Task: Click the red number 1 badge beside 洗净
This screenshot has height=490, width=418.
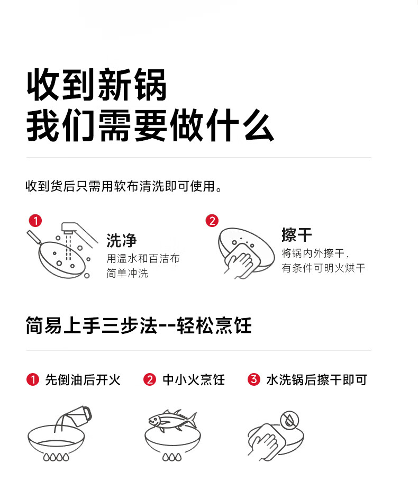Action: (35, 221)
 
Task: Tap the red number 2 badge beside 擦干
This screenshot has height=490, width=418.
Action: (212, 221)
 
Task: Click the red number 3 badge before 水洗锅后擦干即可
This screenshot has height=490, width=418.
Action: (253, 379)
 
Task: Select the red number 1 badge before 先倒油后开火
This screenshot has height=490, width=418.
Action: (33, 380)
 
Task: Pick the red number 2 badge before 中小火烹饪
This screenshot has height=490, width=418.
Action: (150, 380)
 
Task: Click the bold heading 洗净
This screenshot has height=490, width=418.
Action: (122, 240)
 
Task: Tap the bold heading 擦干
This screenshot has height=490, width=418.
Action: (297, 235)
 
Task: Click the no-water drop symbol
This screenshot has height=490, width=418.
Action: (289, 420)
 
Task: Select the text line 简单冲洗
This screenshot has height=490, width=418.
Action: (127, 274)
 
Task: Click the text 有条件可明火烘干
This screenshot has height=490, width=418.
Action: (323, 268)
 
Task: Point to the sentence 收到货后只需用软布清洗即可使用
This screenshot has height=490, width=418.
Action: (124, 186)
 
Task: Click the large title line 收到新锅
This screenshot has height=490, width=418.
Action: (96, 85)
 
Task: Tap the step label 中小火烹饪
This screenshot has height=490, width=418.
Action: (194, 380)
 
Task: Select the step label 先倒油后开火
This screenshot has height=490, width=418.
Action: (83, 380)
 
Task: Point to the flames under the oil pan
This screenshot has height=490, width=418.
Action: (56, 457)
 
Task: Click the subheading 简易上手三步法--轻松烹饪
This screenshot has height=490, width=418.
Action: (139, 325)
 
